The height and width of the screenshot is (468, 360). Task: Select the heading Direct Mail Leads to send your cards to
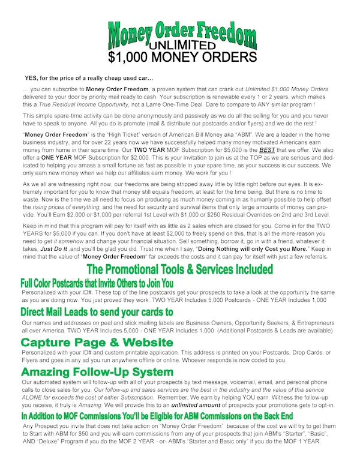click(x=97, y=313)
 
